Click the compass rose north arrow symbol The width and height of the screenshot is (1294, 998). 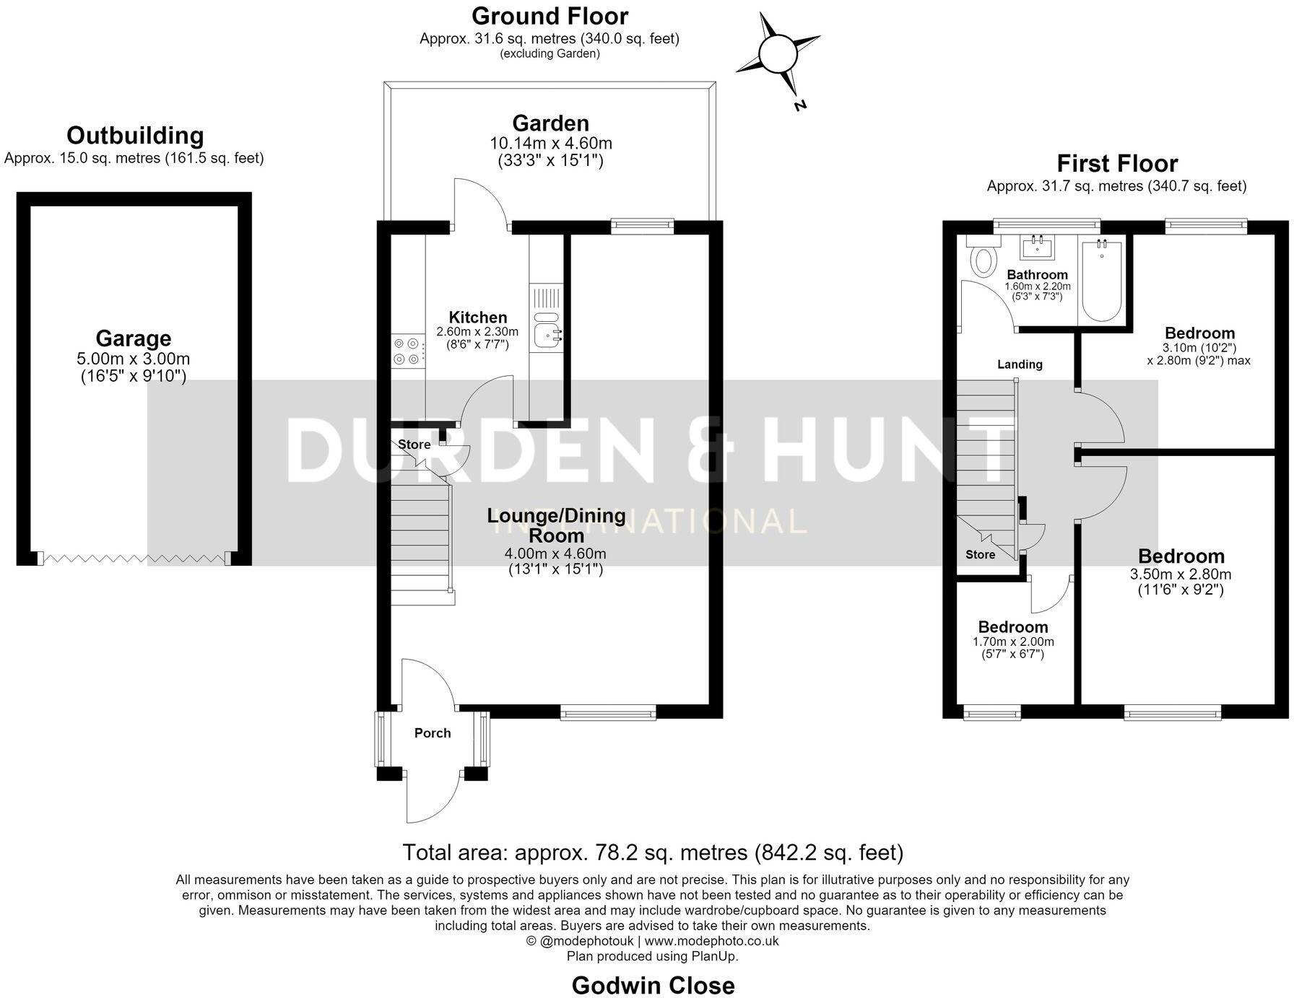coord(778,55)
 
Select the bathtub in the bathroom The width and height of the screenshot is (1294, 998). coord(1102,281)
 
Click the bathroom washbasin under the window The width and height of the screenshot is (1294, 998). coord(1038,247)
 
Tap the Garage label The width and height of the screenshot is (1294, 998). coord(134,338)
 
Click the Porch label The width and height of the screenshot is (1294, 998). coord(433,733)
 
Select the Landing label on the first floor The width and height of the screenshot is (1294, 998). coord(1020,364)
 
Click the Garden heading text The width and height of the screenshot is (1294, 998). coord(550,123)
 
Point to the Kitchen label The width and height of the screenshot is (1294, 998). coord(478,318)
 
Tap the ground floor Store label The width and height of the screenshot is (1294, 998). coord(414,445)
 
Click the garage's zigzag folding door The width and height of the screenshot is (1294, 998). coord(134,558)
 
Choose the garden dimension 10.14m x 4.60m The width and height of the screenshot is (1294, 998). coord(551,143)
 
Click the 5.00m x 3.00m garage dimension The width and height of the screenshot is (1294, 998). coord(134,359)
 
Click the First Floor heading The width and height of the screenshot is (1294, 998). coord(1117,163)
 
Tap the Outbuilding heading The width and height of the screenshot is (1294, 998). coord(135,136)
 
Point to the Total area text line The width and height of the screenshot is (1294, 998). coord(653,853)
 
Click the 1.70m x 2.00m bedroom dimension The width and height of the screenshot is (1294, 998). coord(1013,642)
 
